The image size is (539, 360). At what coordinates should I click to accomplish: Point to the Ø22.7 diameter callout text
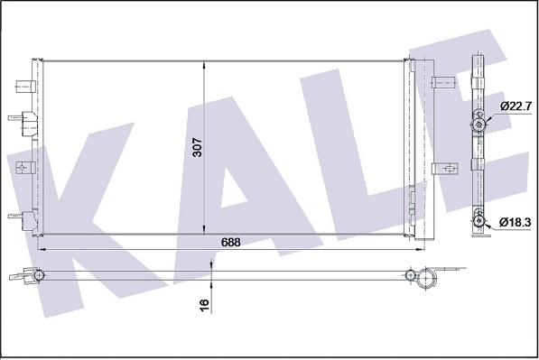(513, 106)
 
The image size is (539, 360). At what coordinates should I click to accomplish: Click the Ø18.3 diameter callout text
(513, 222)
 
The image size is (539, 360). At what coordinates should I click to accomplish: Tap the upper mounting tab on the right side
(444, 84)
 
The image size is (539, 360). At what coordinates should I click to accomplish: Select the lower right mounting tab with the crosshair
(443, 168)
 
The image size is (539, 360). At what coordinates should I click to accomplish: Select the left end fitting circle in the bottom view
(38, 273)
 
